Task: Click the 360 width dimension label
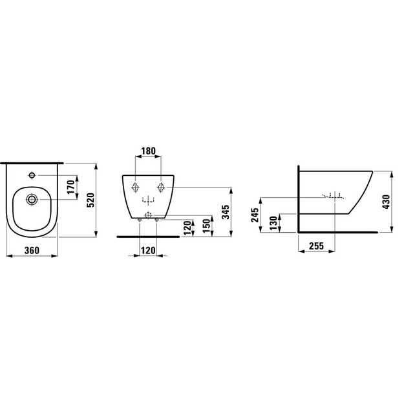[32, 250]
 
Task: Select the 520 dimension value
[91, 200]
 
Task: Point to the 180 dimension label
[149, 151]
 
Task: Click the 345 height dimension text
[226, 212]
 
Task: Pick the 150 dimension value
[206, 226]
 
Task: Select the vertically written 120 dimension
[187, 228]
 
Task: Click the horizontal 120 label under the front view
[148, 250]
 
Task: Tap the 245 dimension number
[255, 215]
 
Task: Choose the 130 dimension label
[274, 223]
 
